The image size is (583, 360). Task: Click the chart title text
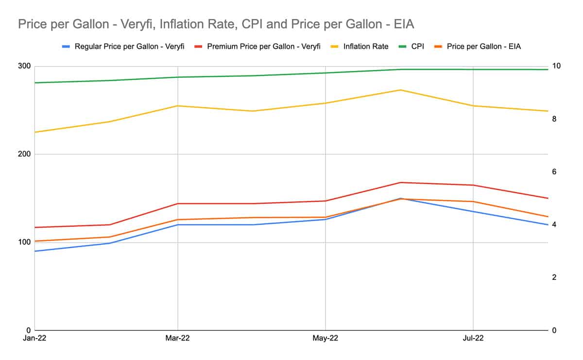pyautogui.click(x=216, y=24)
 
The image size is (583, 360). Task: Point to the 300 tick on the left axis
pyautogui.click(x=24, y=66)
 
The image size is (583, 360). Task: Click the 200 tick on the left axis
pyautogui.click(x=24, y=154)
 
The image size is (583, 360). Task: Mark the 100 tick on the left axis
pyautogui.click(x=24, y=242)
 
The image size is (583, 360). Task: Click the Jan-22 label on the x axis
pyautogui.click(x=34, y=338)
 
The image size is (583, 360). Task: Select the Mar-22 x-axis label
pyautogui.click(x=178, y=338)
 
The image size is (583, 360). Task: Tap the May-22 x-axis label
pyautogui.click(x=325, y=338)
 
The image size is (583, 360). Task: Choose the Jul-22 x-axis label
pyautogui.click(x=473, y=338)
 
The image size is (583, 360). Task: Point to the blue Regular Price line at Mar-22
pyautogui.click(x=178, y=224)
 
